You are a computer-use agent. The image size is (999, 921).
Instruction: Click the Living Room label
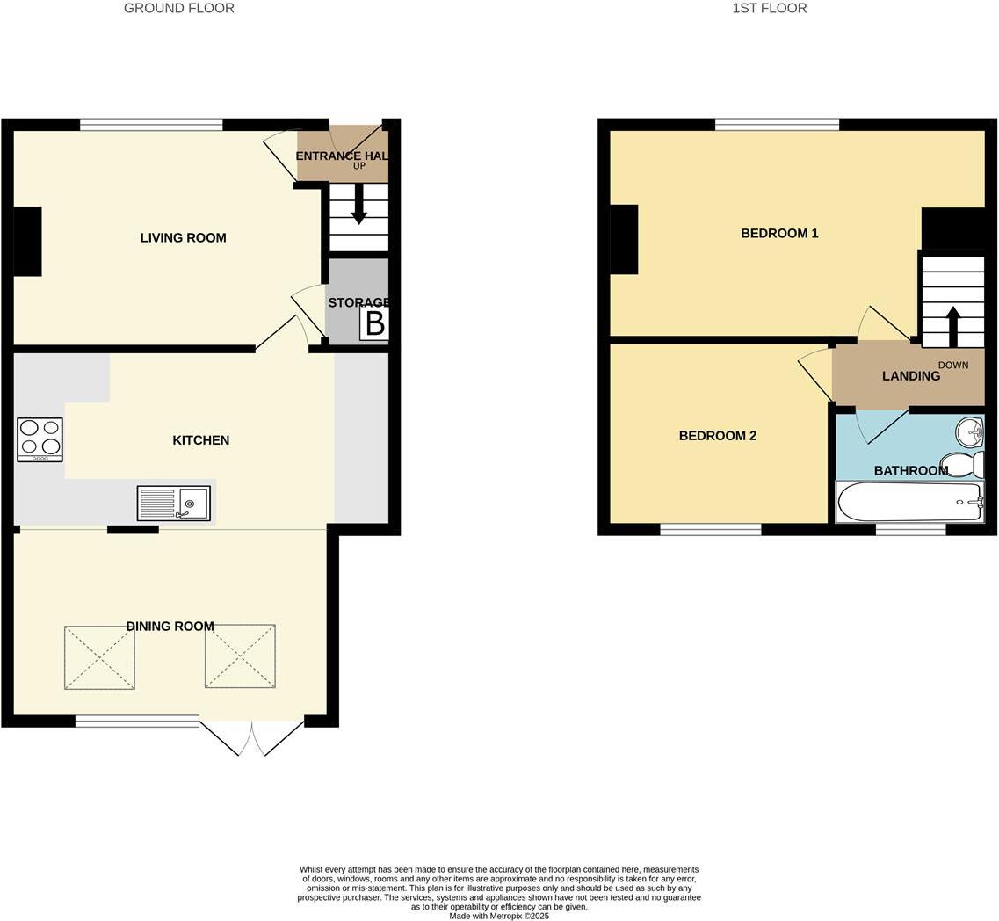tap(183, 237)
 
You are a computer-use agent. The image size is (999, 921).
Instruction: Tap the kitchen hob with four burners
tap(40, 439)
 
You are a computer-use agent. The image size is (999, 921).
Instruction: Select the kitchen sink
tap(174, 504)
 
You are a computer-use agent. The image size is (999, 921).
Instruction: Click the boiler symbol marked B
tap(374, 324)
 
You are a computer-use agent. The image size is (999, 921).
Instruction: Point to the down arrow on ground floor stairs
tap(358, 205)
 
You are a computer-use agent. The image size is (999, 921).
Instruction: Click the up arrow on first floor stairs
tap(952, 326)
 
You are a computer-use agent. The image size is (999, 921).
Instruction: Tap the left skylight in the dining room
tap(99, 656)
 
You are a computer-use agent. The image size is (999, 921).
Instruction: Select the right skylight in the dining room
tap(240, 656)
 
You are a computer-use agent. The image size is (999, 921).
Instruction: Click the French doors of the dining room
tap(251, 737)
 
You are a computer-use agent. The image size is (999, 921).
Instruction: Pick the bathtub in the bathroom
tap(909, 502)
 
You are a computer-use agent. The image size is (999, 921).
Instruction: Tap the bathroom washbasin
tap(970, 431)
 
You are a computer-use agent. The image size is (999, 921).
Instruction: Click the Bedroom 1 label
tap(779, 233)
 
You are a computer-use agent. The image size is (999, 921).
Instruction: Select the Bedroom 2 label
tap(717, 436)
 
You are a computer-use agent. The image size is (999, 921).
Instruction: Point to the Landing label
tap(911, 376)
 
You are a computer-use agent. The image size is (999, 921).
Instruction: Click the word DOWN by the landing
tap(952, 365)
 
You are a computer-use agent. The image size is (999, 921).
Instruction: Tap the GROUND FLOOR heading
tap(179, 8)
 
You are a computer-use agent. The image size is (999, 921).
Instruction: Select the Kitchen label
tap(200, 440)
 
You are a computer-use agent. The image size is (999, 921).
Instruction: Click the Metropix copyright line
tap(499, 916)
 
